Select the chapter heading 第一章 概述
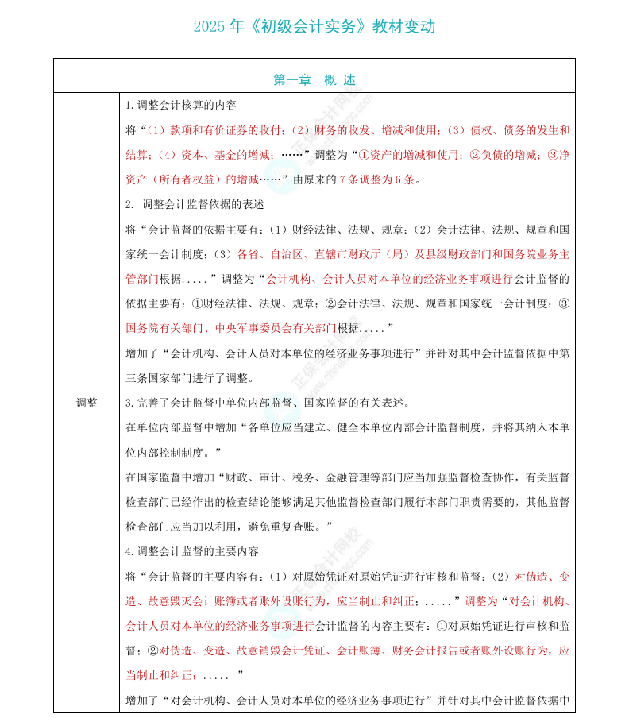(x=314, y=79)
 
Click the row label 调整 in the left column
(x=87, y=403)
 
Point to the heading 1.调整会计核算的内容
(x=181, y=105)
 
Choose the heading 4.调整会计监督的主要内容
(x=192, y=551)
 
